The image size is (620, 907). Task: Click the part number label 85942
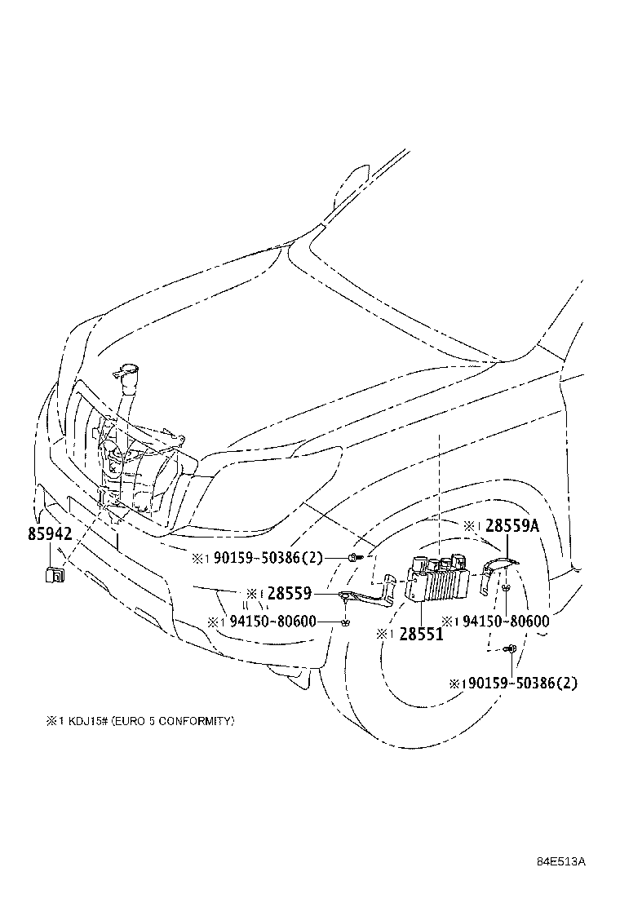point(50,534)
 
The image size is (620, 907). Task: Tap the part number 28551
point(421,634)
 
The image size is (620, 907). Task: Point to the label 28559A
point(512,527)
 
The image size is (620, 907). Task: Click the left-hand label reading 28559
point(290,594)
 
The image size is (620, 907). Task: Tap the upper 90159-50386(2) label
point(268,559)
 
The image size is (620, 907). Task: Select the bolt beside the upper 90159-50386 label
point(351,558)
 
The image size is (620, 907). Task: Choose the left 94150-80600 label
point(272,622)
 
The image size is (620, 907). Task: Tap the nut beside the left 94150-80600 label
point(346,622)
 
